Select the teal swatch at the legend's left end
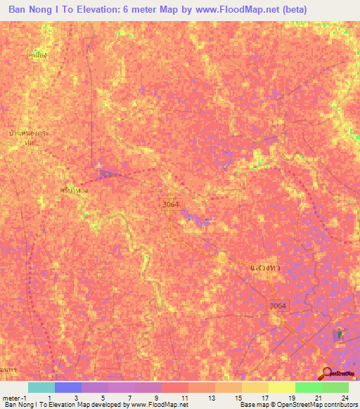tap(41, 387)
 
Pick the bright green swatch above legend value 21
tap(308, 387)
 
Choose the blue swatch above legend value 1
tap(67, 387)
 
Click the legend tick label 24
tap(344, 397)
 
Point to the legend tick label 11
tap(184, 397)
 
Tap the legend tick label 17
tap(264, 397)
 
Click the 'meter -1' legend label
tap(15, 397)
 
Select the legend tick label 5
tap(104, 397)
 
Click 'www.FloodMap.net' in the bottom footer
tap(153, 405)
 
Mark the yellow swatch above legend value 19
tap(281, 387)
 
